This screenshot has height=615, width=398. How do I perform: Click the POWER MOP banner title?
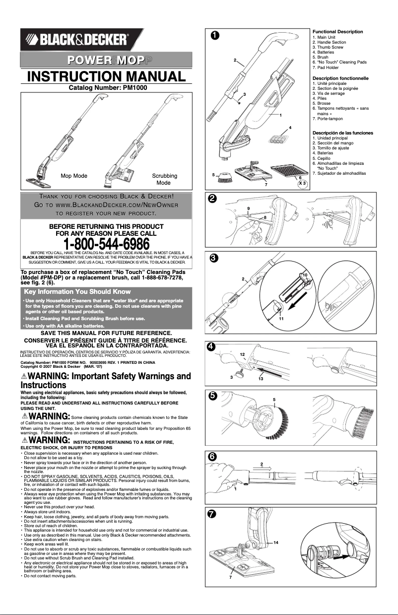click(106, 60)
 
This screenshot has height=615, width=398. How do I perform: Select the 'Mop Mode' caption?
click(74, 176)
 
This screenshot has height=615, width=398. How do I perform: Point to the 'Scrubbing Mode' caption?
click(164, 179)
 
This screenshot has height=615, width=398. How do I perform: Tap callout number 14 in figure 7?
click(275, 544)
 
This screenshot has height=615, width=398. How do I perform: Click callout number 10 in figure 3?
click(305, 274)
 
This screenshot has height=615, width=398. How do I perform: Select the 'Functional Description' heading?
click(337, 32)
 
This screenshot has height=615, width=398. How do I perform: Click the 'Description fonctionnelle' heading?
click(340, 78)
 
